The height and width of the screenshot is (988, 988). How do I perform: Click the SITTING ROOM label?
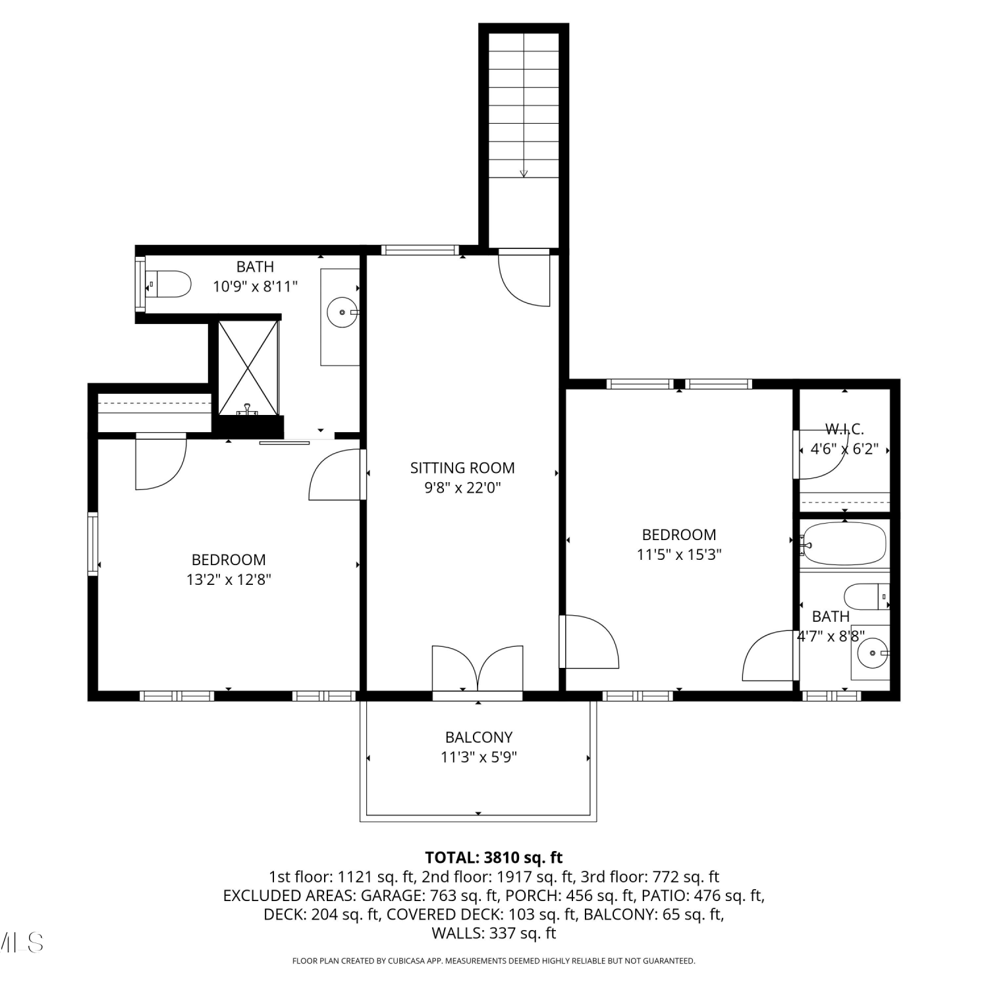(462, 468)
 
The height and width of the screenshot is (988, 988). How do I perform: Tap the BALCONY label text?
(478, 738)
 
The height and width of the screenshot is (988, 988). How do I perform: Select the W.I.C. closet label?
(844, 429)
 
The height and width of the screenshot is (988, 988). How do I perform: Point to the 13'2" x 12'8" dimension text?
(229, 580)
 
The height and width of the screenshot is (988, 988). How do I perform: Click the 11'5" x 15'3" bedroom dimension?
(679, 555)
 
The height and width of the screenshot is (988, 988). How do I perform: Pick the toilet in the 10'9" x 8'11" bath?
(168, 284)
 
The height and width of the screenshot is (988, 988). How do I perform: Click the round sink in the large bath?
(343, 313)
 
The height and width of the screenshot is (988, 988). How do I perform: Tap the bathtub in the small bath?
(843, 544)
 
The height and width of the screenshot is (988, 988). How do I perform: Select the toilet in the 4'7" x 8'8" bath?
(867, 597)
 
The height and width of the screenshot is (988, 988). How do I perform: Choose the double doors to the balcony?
(478, 668)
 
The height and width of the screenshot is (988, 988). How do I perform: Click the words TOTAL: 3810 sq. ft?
(494, 858)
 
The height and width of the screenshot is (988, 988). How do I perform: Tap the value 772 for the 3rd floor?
(665, 877)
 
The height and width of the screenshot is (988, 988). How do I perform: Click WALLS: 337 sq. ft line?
(494, 933)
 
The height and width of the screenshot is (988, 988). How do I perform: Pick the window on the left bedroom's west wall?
(93, 544)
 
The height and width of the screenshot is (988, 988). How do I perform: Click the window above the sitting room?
(420, 250)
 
